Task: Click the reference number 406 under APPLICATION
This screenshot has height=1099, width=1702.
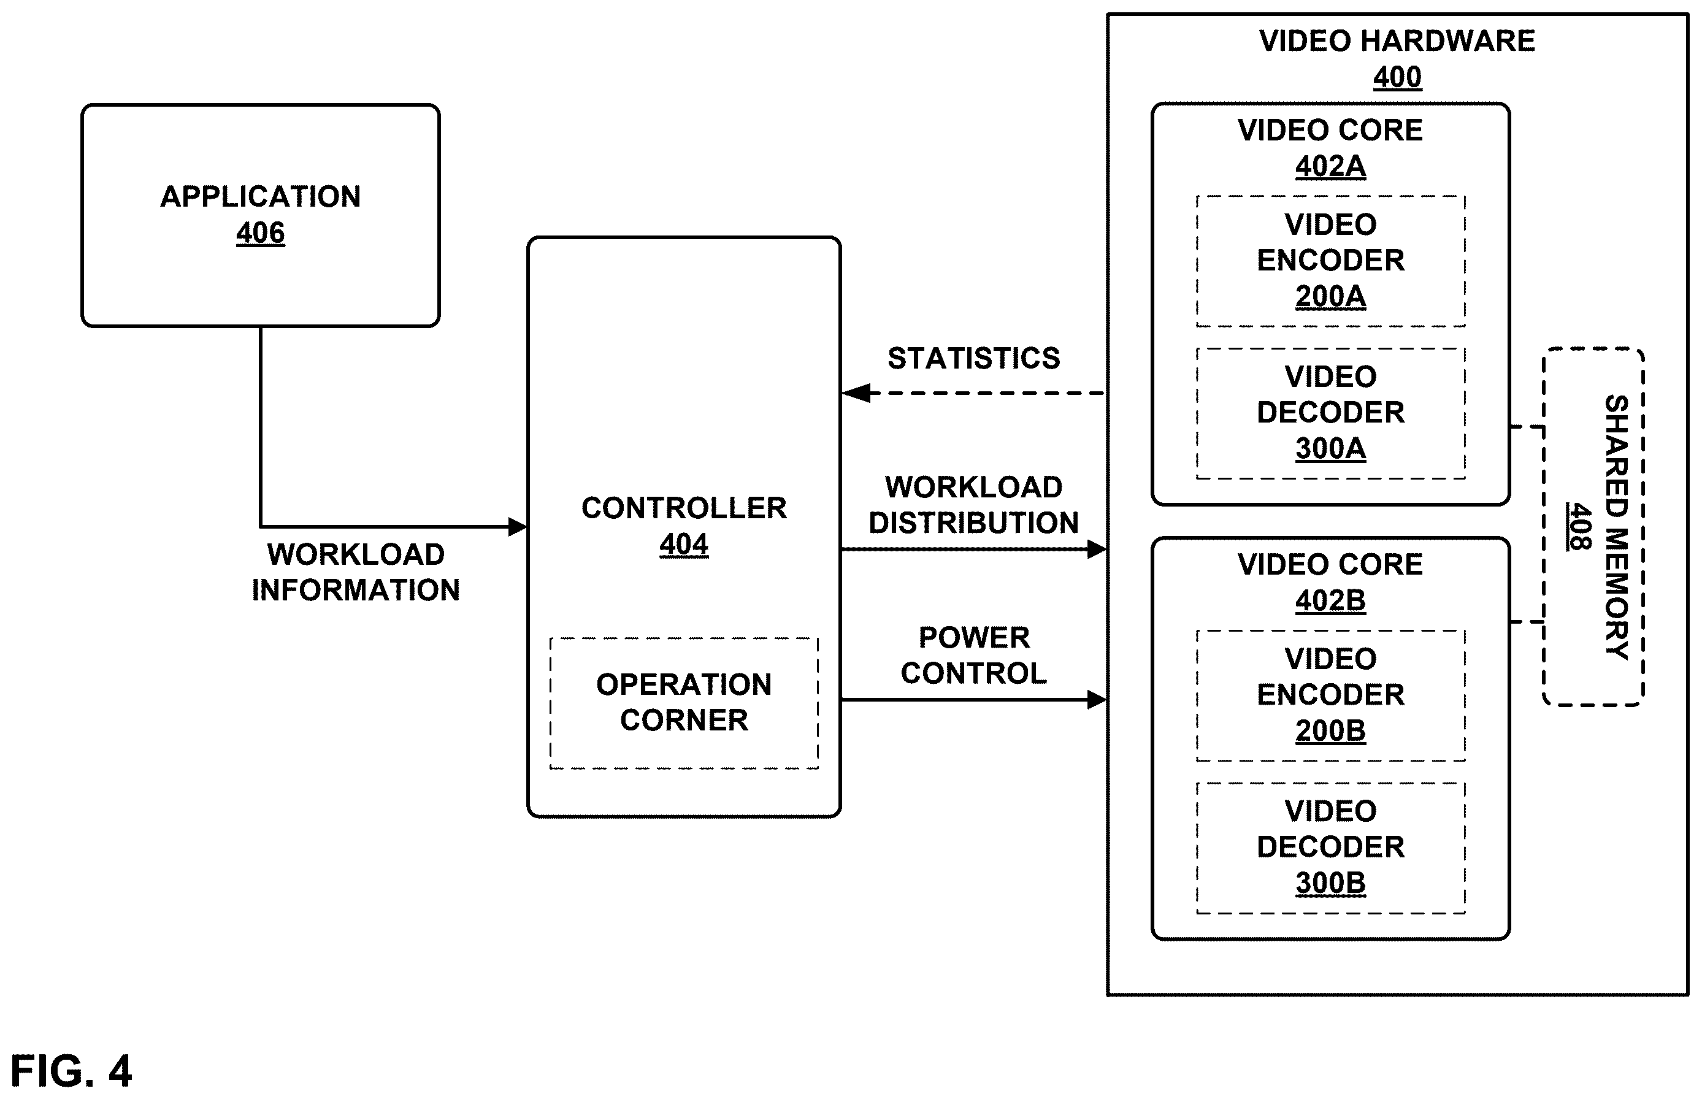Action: [261, 232]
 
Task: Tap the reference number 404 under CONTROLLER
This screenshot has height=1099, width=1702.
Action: [684, 545]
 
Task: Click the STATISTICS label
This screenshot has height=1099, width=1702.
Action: [973, 358]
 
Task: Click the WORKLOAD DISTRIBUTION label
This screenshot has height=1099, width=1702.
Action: [973, 505]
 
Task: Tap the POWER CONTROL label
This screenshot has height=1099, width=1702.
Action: [973, 655]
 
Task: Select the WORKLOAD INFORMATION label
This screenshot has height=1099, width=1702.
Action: [355, 572]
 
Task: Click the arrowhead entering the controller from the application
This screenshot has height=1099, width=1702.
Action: [518, 527]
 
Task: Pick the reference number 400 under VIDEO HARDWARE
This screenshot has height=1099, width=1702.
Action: [1397, 77]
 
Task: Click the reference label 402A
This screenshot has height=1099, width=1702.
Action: [1330, 166]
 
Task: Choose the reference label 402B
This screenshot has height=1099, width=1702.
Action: [1330, 601]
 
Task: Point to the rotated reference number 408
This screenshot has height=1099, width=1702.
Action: [1579, 527]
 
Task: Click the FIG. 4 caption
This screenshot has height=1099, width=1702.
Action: [71, 1071]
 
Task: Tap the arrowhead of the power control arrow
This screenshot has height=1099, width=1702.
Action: [1097, 700]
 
